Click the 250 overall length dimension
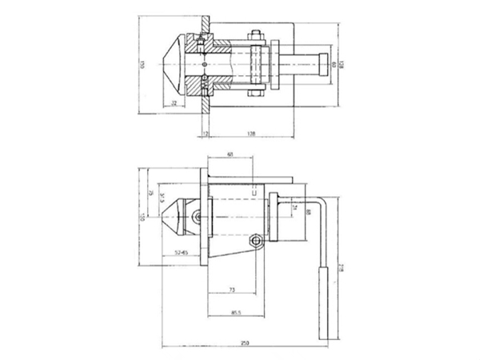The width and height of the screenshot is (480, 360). (x=244, y=343)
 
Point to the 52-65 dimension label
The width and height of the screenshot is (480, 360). (x=181, y=252)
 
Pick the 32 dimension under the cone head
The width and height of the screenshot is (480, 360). (x=174, y=105)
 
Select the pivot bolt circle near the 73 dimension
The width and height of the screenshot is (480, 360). (x=256, y=241)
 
